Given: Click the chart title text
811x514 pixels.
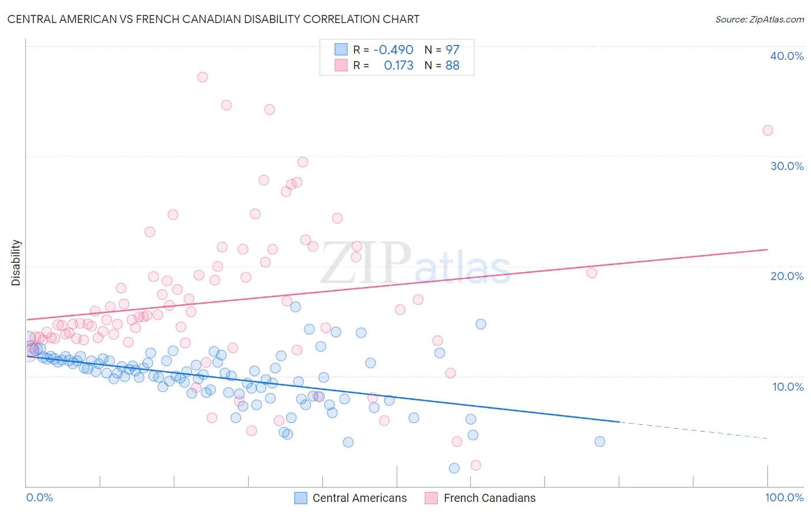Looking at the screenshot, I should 213,19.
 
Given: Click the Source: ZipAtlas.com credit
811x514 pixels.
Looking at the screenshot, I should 759,19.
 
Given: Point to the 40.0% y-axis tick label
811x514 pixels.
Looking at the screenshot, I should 787,56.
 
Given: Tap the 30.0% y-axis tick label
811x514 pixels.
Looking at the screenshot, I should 787,166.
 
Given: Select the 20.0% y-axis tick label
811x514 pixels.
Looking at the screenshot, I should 787,276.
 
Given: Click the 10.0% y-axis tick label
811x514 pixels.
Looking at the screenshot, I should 787,387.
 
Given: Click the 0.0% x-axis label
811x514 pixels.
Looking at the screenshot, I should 39,497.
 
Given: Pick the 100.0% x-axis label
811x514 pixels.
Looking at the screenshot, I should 784,497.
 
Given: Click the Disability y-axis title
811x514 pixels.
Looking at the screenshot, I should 16,263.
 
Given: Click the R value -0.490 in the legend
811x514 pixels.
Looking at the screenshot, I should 393,50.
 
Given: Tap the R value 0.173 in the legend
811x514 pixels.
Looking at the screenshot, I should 399,66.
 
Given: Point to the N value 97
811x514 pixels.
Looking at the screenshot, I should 452,50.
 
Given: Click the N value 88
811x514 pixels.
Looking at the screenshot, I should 452,66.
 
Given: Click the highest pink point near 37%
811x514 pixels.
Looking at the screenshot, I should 202,77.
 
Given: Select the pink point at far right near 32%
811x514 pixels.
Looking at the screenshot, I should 768,130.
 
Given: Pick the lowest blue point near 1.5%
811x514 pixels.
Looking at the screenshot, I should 454,468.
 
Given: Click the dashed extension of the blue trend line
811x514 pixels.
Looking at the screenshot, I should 692,430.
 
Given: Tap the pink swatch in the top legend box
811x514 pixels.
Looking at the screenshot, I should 341,65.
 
